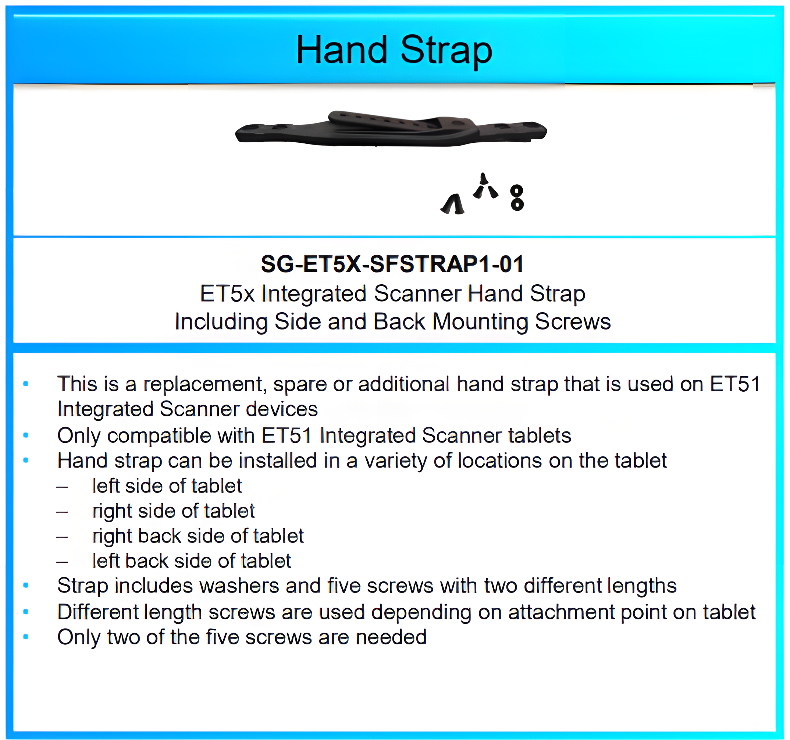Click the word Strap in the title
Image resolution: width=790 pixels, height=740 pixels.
(446, 51)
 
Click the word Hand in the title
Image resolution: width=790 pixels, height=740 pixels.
(342, 50)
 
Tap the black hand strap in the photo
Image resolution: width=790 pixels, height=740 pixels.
(391, 128)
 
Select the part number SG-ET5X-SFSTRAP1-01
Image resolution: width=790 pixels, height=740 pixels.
(392, 264)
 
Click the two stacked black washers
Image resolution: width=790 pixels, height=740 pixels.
(517, 198)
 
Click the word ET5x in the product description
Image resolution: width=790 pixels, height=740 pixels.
(227, 295)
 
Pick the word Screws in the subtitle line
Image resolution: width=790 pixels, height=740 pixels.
(573, 322)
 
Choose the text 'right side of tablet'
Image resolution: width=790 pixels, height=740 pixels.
(173, 512)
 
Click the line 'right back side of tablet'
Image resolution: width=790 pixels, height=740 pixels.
(198, 537)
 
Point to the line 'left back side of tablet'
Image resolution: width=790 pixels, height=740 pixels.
(192, 561)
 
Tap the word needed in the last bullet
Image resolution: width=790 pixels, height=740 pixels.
(391, 637)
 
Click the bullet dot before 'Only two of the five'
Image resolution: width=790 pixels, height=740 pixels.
(26, 637)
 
